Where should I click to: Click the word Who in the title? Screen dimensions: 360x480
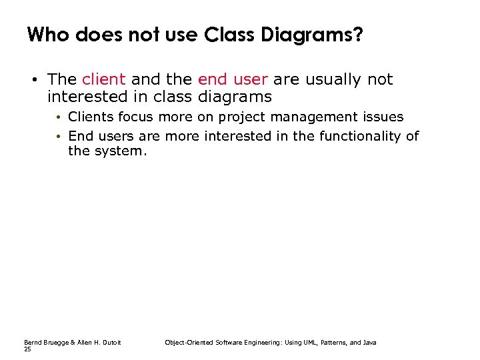click(49, 35)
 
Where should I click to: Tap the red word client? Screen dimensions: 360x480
click(103, 80)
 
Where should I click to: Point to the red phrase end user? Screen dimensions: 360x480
click(233, 80)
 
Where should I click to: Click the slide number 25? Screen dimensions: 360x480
click(27, 349)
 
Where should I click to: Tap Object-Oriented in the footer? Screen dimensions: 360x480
click(185, 343)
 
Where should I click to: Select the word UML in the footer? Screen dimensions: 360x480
click(292, 343)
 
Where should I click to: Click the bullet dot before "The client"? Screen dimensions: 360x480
click(32, 81)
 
